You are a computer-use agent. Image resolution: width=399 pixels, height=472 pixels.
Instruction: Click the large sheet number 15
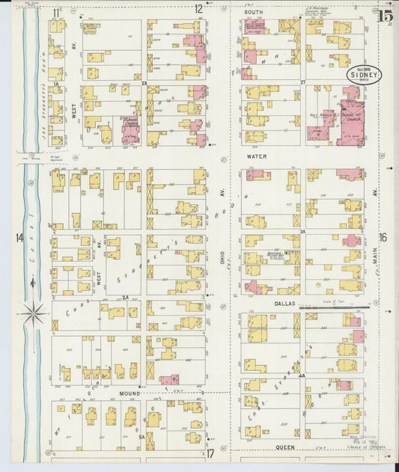(386, 16)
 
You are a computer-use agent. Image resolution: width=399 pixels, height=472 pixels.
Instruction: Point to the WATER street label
(257, 157)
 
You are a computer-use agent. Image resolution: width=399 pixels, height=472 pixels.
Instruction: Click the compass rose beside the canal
(33, 313)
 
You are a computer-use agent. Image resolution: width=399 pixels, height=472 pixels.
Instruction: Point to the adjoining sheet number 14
(19, 238)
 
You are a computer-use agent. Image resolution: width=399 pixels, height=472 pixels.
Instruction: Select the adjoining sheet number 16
(383, 238)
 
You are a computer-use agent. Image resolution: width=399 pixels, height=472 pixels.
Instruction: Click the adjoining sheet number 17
(211, 453)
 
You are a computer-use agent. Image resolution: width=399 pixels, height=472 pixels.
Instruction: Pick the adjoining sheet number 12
(198, 10)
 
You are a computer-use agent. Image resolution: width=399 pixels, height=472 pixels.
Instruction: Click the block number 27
(302, 81)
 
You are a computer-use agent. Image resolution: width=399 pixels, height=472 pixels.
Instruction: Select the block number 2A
(126, 297)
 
